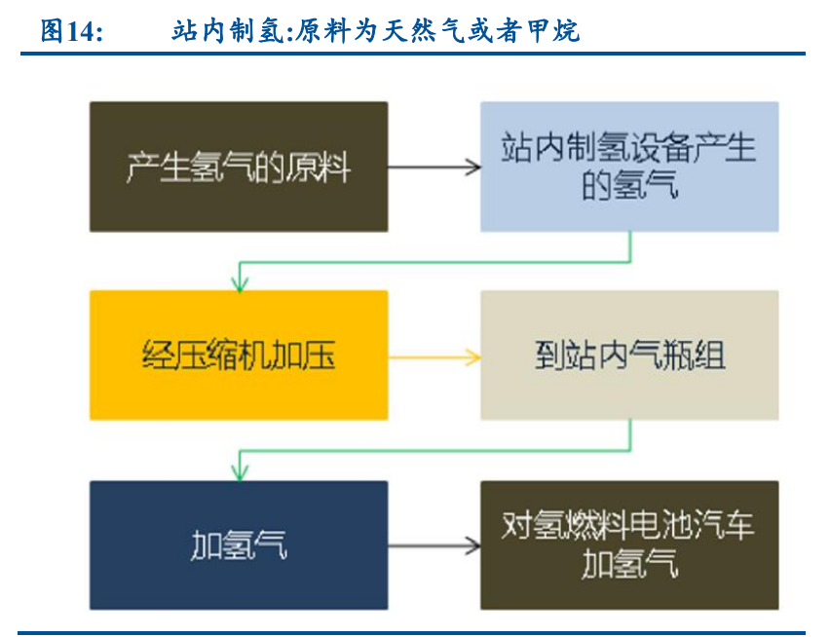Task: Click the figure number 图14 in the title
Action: pos(70,31)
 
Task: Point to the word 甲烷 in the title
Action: pos(555,31)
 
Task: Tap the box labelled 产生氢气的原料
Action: pos(238,167)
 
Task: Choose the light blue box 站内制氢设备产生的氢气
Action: pos(629,167)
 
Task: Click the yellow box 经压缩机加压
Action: pos(238,356)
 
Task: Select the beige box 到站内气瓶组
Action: pos(629,356)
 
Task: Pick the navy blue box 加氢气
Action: pos(238,544)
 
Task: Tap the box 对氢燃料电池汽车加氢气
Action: pos(629,544)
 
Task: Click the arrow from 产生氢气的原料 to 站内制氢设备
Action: pos(434,167)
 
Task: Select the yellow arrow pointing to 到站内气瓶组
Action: pos(434,356)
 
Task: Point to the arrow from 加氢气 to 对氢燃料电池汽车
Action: pos(434,544)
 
